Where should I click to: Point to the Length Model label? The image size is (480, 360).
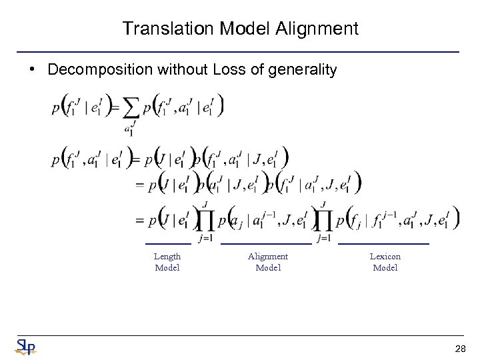(x=167, y=262)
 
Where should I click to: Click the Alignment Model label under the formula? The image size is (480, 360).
(x=268, y=262)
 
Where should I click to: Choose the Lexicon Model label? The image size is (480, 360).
(x=385, y=262)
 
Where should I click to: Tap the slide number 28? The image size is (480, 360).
(x=459, y=349)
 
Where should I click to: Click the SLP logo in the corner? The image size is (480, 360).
(x=25, y=347)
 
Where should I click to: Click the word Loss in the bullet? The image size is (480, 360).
(x=228, y=69)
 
